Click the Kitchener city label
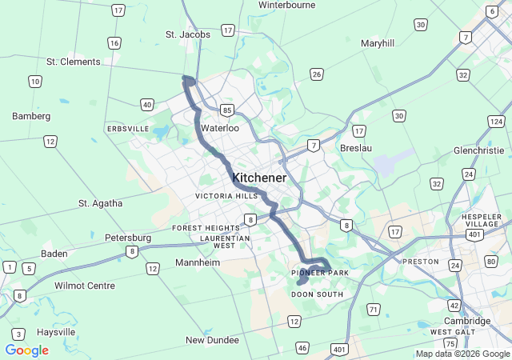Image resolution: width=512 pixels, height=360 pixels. (258, 178)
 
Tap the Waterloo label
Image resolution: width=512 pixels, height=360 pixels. (220, 128)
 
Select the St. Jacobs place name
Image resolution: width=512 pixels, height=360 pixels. (188, 34)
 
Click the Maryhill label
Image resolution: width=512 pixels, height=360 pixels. (378, 43)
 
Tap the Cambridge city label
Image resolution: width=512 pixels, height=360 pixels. (467, 321)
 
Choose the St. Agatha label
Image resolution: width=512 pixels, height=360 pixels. (101, 203)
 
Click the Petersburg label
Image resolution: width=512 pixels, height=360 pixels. (128, 238)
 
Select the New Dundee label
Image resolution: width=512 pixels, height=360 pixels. (212, 340)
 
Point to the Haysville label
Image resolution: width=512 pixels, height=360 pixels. (55, 332)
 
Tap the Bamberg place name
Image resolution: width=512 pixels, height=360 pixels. (31, 116)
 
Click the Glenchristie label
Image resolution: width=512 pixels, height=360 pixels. (478, 150)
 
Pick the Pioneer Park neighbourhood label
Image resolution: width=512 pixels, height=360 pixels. (320, 274)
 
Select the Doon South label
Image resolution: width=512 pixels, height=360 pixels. (317, 294)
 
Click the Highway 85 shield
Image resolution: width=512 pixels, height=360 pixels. (228, 110)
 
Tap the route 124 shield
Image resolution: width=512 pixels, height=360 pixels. (496, 122)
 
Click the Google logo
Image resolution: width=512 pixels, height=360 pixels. (26, 350)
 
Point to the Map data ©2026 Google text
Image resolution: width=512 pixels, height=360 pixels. (463, 354)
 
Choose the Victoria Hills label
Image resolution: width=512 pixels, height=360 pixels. (227, 196)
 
